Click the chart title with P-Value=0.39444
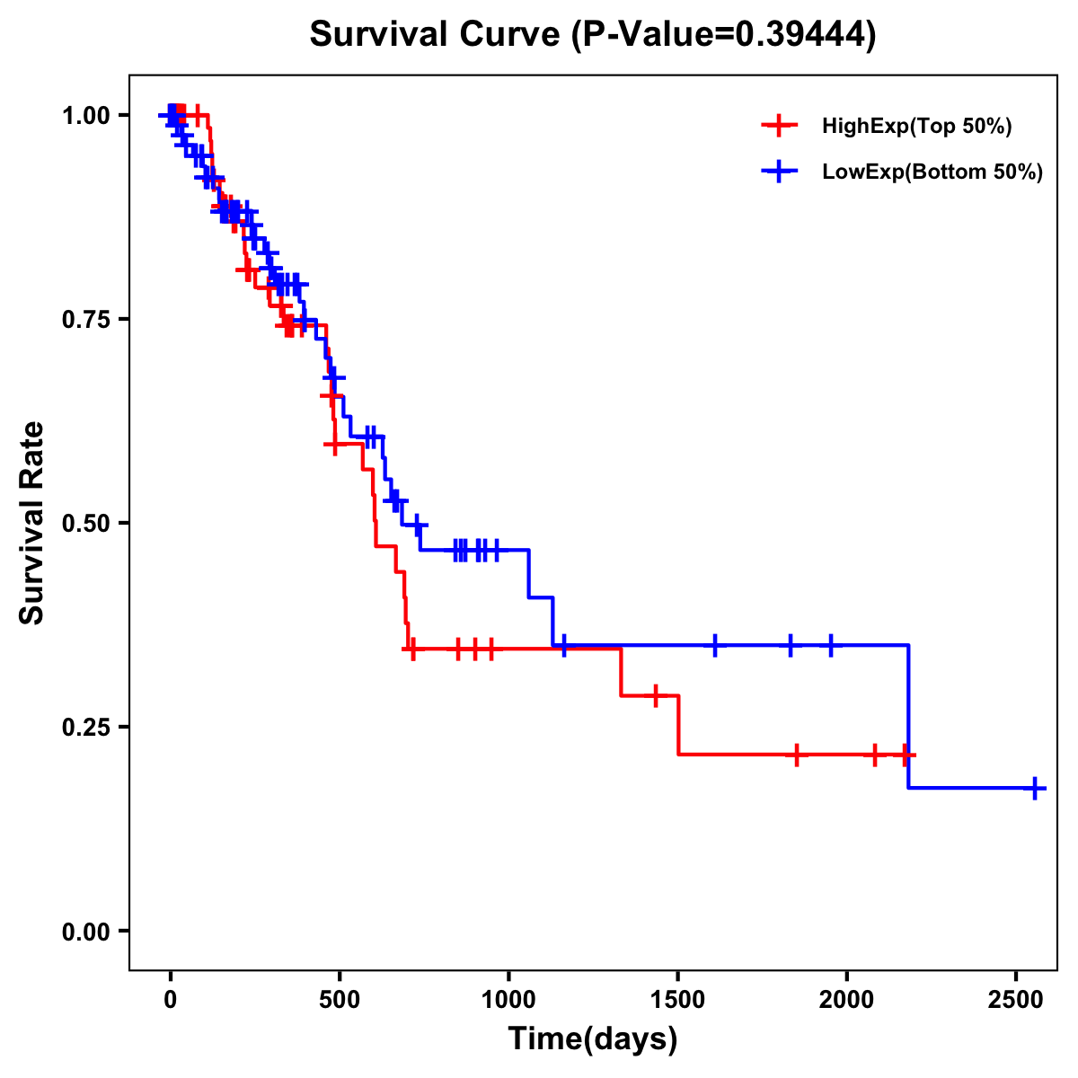pyautogui.click(x=592, y=35)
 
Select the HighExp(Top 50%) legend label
pyautogui.click(x=916, y=127)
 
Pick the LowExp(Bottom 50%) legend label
pyautogui.click(x=932, y=172)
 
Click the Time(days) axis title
pyautogui.click(x=593, y=1039)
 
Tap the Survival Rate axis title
pyautogui.click(x=33, y=523)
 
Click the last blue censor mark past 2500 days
pyautogui.click(x=1035, y=789)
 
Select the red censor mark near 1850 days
pyautogui.click(x=796, y=755)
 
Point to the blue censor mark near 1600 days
pyautogui.click(x=715, y=645)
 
